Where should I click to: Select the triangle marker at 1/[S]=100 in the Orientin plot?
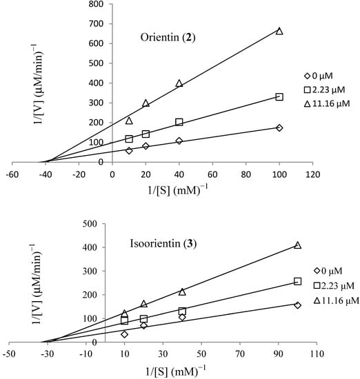(279, 31)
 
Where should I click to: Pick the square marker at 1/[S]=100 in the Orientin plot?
(279, 97)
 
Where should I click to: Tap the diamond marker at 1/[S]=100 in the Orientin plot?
(279, 127)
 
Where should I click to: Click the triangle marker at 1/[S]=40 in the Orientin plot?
(179, 83)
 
